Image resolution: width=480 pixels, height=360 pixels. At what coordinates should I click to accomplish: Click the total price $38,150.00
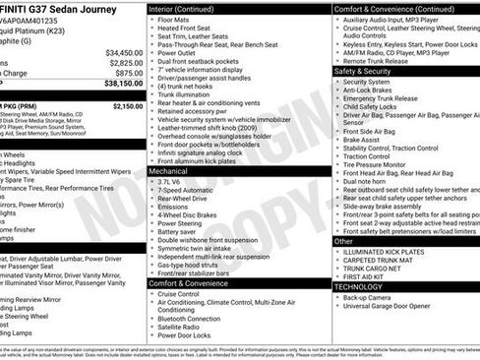120,85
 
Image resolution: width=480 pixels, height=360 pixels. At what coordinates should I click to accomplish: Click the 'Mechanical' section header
169,170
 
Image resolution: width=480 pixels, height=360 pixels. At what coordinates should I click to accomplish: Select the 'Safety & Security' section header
368,72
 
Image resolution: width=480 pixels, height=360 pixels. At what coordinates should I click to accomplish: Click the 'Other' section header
344,241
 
